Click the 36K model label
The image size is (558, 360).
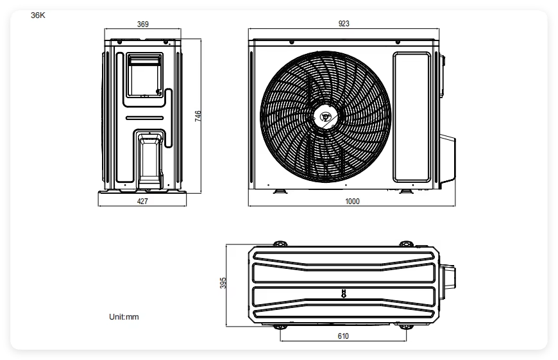[38, 15]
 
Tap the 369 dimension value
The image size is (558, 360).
[142, 24]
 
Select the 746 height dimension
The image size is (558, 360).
[198, 116]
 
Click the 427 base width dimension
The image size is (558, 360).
[142, 201]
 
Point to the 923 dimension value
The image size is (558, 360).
[344, 24]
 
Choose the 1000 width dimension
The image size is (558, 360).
[352, 201]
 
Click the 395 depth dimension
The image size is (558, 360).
[223, 283]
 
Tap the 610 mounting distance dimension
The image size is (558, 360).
[343, 336]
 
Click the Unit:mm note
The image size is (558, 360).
[124, 316]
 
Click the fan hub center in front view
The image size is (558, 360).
[325, 116]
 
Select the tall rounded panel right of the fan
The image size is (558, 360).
[412, 117]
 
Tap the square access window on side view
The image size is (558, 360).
[145, 76]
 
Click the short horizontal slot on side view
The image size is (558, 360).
[144, 118]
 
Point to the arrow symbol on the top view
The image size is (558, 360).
[343, 293]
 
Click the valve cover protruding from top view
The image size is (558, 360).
[447, 277]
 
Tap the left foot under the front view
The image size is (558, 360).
[280, 192]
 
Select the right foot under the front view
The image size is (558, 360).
[406, 192]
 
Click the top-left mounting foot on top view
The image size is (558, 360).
[280, 244]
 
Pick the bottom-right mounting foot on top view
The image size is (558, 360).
[406, 327]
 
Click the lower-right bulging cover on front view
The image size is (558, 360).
[448, 160]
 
